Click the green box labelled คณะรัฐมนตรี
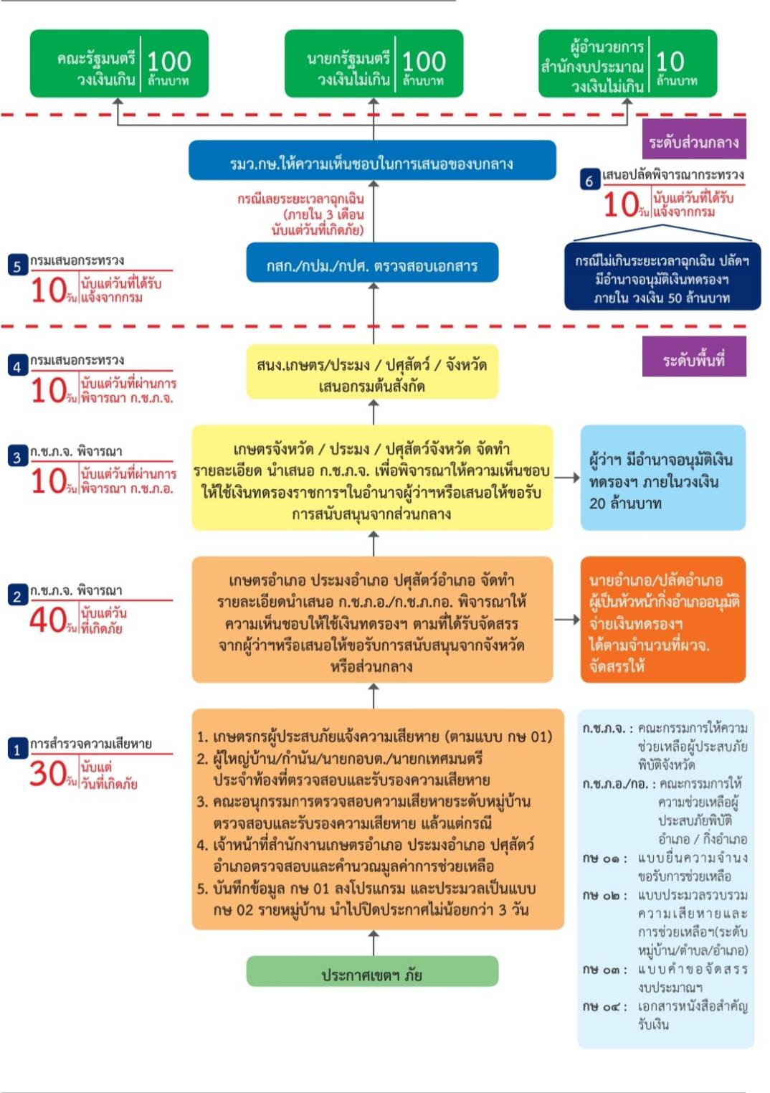(119, 63)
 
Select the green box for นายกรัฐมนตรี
(374, 63)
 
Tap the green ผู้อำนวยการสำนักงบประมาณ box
(627, 63)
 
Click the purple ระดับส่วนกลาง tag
(693, 142)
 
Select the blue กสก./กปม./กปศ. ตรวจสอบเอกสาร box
(372, 264)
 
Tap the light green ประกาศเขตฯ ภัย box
(372, 973)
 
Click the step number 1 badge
(17, 749)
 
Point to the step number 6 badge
(589, 180)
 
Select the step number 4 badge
(17, 366)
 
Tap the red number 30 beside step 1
(49, 774)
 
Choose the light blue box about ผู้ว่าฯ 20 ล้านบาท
(662, 478)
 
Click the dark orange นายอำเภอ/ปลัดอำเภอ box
(662, 620)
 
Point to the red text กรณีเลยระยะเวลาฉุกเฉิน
(301, 213)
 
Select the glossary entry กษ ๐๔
(665, 1014)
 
